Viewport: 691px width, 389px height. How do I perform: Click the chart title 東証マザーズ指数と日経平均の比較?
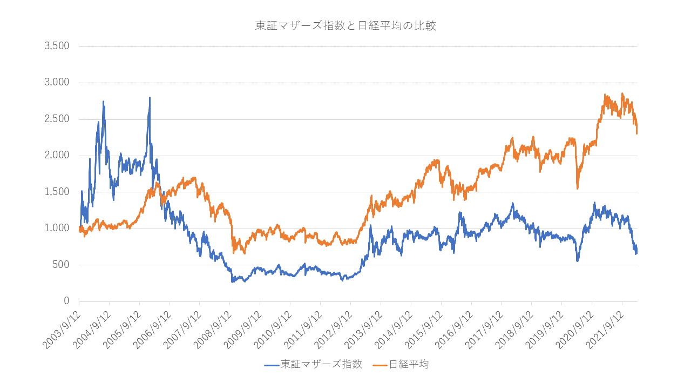tap(345, 26)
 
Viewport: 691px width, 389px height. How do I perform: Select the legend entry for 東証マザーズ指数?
tap(321, 364)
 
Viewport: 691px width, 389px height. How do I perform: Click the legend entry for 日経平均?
tap(409, 364)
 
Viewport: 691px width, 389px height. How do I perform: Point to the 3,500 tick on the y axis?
tap(57, 46)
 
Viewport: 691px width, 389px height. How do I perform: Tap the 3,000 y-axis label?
tap(57, 83)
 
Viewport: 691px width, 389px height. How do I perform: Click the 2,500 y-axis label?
tap(57, 119)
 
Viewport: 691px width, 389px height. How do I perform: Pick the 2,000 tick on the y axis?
tap(57, 156)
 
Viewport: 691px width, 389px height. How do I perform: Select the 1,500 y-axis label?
tap(57, 192)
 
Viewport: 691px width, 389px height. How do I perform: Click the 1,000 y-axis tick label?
tap(57, 229)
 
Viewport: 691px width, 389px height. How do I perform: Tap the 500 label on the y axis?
tap(61, 265)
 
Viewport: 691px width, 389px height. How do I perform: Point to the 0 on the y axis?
tap(66, 301)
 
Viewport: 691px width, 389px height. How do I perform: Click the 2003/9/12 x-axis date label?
tap(60, 326)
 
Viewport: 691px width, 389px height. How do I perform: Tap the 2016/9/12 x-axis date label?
tap(452, 326)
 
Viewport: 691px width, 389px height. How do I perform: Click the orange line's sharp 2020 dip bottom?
tap(577, 187)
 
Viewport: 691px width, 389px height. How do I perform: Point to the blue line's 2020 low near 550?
tap(577, 260)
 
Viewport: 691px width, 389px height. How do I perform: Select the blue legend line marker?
tap(272, 365)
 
